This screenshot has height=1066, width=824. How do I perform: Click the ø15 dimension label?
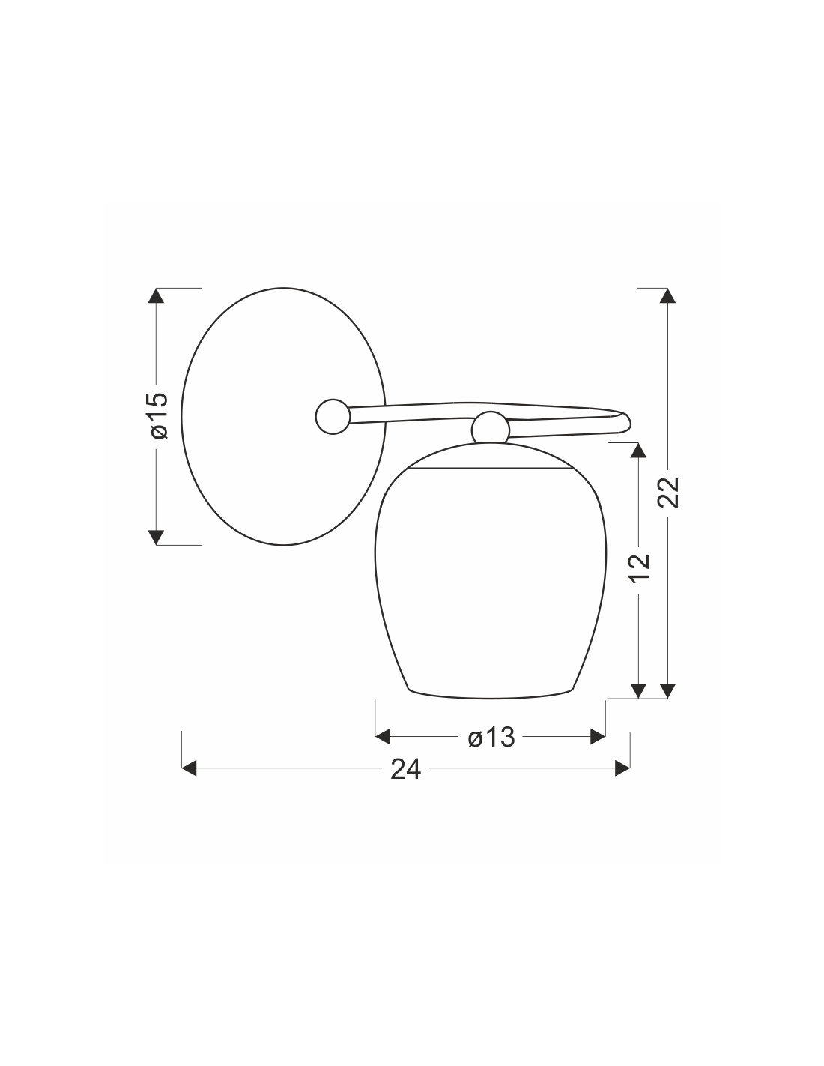(x=160, y=415)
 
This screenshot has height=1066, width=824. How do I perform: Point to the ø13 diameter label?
(x=491, y=737)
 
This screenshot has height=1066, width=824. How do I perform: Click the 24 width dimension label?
(x=406, y=769)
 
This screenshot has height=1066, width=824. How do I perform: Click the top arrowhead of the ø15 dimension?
(x=156, y=296)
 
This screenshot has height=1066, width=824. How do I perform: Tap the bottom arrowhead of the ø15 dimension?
(x=156, y=537)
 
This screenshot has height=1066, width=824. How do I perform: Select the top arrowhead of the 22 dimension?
(x=667, y=296)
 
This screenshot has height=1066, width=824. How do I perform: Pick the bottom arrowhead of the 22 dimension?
(x=667, y=690)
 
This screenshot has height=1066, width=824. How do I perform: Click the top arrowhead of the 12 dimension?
(x=637, y=450)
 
